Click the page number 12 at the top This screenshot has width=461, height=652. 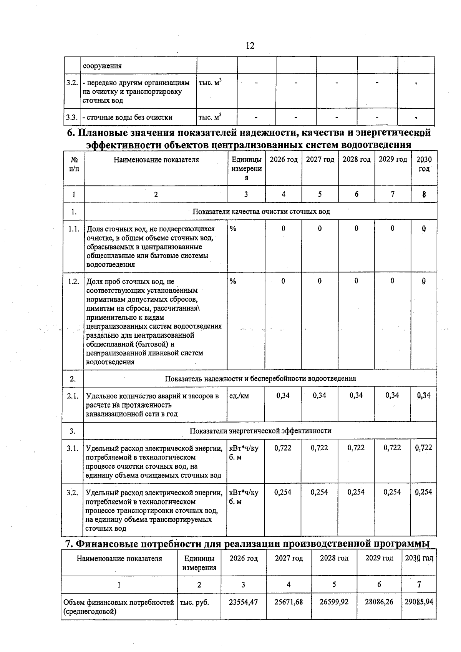click(x=250, y=46)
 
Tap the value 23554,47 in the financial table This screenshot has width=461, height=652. click(x=243, y=602)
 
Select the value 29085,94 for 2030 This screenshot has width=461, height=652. click(x=419, y=602)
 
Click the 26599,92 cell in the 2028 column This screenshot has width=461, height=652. click(x=334, y=602)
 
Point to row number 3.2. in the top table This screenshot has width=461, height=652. click(x=72, y=83)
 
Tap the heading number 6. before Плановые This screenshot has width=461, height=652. click(x=71, y=133)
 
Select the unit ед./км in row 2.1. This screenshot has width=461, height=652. click(x=239, y=396)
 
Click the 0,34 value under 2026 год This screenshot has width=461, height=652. click(x=283, y=395)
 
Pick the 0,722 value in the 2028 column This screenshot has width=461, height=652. click(x=356, y=448)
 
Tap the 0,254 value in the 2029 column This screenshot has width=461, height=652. click(x=392, y=492)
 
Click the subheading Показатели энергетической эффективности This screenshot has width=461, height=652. click(x=260, y=431)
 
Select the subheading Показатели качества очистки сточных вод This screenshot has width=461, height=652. click(x=261, y=211)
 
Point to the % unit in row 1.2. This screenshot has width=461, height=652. click(x=233, y=281)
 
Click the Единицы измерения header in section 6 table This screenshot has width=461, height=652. click(x=246, y=169)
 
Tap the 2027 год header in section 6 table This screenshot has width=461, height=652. click(x=320, y=160)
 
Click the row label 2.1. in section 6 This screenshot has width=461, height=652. click(x=73, y=396)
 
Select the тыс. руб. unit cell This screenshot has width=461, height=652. click(x=194, y=602)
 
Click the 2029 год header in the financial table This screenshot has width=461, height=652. click(x=379, y=558)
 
